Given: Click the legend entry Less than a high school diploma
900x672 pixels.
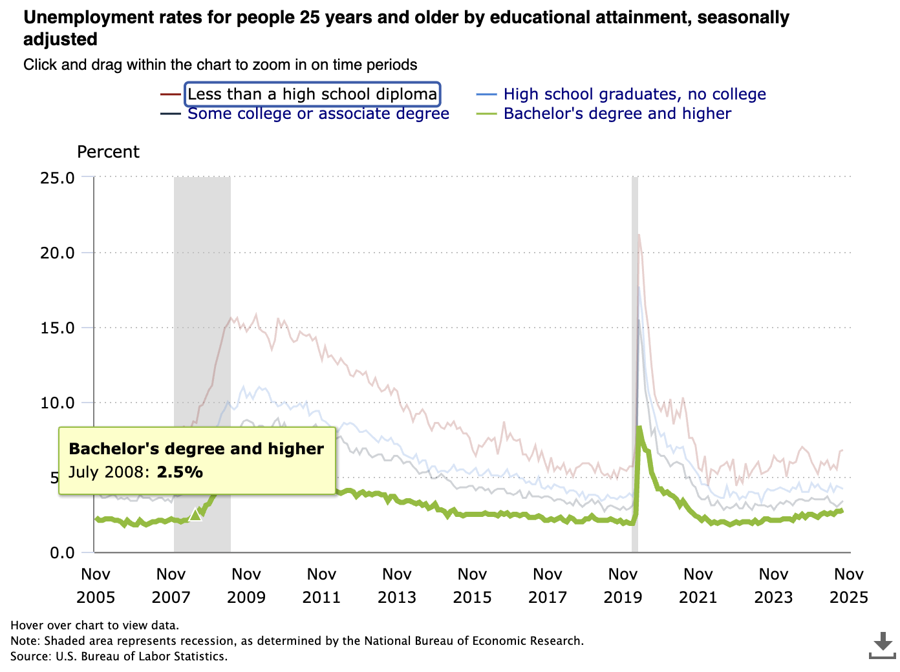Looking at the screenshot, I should pos(312,94).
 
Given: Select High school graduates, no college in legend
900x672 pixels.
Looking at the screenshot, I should pos(634,94).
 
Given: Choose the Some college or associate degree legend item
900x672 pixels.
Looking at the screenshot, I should pos(318,114).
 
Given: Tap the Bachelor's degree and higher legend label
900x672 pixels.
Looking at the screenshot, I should pos(617,114).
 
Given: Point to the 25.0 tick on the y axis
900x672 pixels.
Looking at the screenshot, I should pos(58,178).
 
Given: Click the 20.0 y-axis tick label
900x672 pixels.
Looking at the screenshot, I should pos(58,253).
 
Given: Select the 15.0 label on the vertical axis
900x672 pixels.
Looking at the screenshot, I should pos(58,328).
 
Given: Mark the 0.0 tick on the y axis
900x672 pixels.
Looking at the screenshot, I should pos(62,552).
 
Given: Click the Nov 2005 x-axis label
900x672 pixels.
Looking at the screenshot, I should pos(96,585).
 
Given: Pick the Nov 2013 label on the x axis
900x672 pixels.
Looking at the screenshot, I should pos(397,585).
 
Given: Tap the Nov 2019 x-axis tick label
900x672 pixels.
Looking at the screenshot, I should pos(623,585).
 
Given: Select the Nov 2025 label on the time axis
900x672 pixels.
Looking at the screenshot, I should pos(848,585).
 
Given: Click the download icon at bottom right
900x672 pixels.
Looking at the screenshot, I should pos(883,646).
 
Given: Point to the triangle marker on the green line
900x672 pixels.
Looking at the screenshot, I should pos(195,515).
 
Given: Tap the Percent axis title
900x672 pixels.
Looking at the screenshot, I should pos(108,152).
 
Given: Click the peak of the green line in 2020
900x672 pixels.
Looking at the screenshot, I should pos(639,427).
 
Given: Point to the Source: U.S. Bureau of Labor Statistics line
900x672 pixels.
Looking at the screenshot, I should pos(119,656).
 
